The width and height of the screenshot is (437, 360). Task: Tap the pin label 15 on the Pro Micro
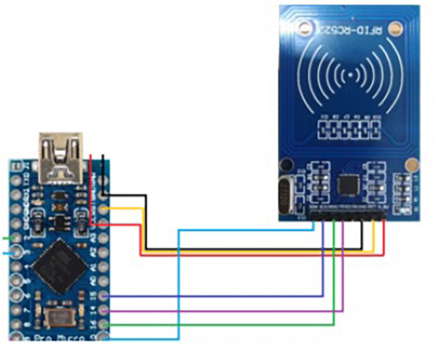(93, 295)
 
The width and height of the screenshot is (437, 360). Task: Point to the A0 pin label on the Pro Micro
(93, 281)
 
